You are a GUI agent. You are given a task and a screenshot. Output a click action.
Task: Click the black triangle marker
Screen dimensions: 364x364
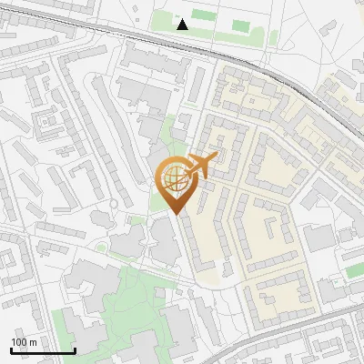pyautogui.click(x=183, y=24)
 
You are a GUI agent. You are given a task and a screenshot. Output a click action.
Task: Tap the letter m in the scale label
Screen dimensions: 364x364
pyautogui.click(x=33, y=342)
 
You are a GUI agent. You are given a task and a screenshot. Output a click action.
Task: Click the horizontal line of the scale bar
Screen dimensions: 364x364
pyautogui.click(x=43, y=350)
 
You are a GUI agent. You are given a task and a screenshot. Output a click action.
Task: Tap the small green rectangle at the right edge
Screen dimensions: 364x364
pyautogui.click(x=354, y=270)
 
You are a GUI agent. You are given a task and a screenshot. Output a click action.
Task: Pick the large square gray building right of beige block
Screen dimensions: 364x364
pyautogui.click(x=319, y=238)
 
